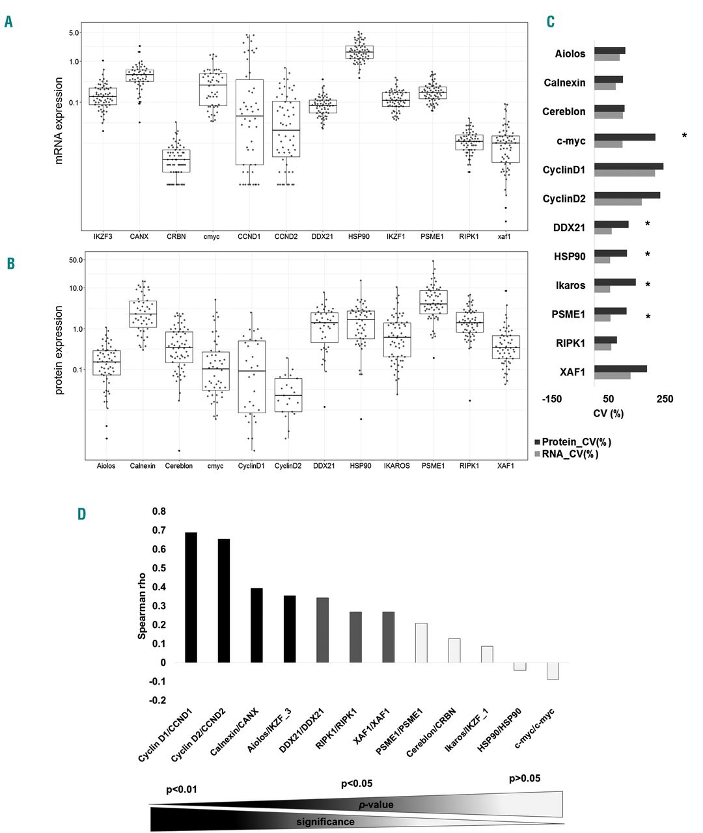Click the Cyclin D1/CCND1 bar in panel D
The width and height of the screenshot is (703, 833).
point(191,597)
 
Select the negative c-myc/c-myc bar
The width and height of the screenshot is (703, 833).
point(553,671)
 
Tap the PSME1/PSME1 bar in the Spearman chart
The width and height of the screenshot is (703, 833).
point(421,643)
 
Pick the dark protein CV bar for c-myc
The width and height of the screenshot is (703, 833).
point(624,137)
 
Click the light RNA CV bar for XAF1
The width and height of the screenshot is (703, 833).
point(612,376)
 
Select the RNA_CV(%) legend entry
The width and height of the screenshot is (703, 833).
point(570,454)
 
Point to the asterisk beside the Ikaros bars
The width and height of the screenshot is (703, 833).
point(648,285)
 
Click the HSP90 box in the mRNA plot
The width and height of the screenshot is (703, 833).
point(359,52)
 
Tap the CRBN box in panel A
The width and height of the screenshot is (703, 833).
point(176,161)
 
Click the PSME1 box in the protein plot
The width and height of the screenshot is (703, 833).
point(433,302)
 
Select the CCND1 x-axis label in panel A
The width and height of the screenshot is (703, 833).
point(249,236)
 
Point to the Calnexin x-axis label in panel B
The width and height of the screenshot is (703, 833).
point(143,466)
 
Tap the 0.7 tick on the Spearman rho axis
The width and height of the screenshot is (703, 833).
point(158,530)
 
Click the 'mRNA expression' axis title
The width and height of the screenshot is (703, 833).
point(59,120)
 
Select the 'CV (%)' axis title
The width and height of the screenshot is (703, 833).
point(608,414)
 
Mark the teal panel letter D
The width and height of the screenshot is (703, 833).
point(81,514)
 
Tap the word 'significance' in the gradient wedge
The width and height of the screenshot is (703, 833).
point(325,822)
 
